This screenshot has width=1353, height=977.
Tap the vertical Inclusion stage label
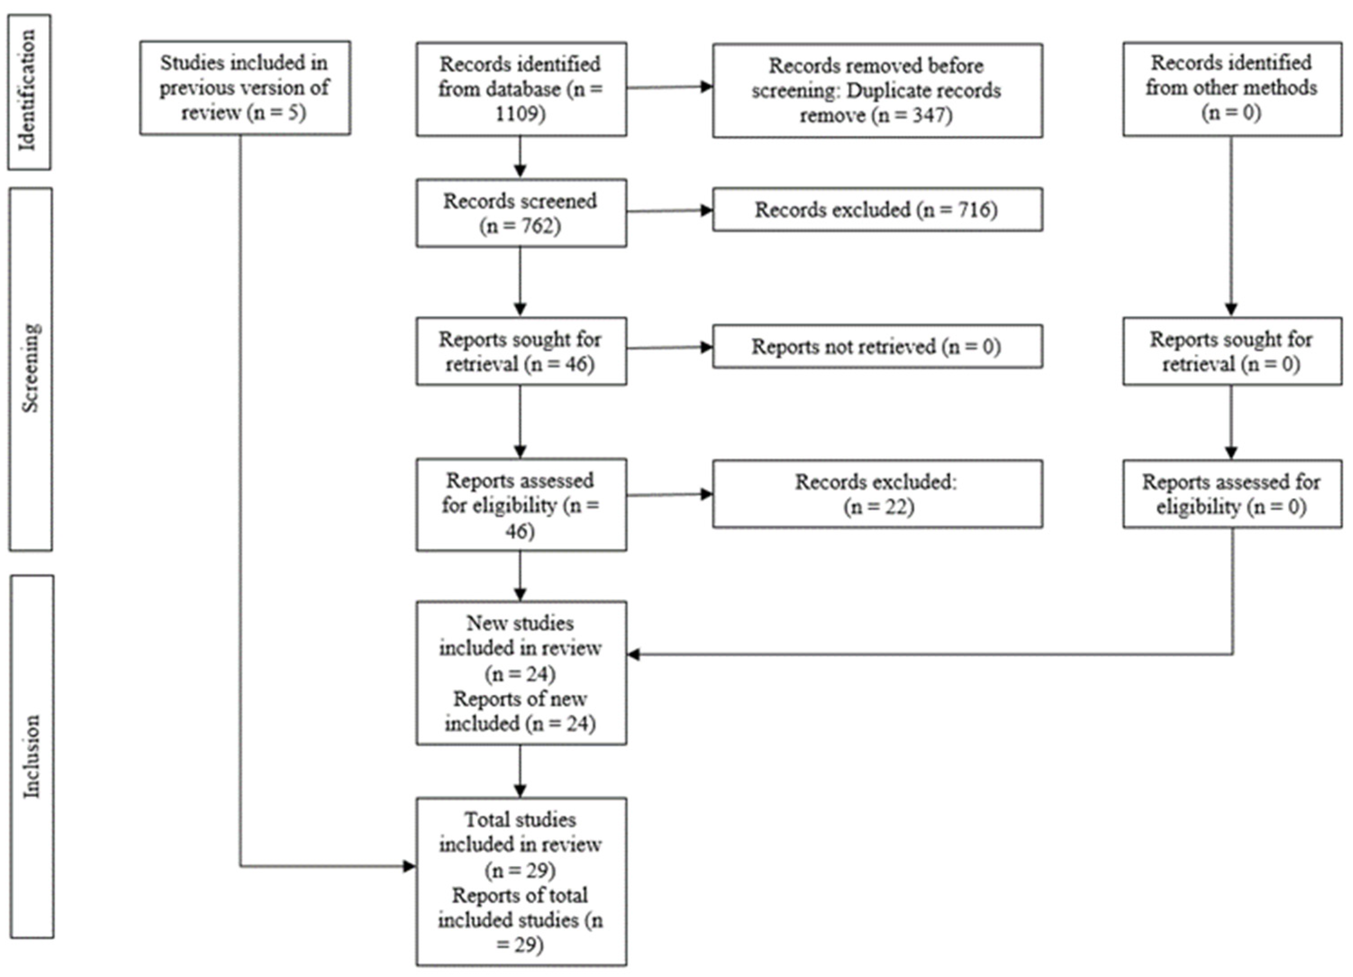tap(31, 756)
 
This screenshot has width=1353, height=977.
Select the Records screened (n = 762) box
tap(521, 213)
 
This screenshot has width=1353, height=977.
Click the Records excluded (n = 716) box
tap(877, 210)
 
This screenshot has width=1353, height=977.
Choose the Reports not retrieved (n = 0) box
tap(877, 347)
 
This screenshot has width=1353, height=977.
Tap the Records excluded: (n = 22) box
tap(877, 494)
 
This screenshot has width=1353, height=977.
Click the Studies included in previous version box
tap(245, 88)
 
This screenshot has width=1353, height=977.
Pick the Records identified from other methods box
tap(1231, 88)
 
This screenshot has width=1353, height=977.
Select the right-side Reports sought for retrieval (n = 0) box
tap(1231, 352)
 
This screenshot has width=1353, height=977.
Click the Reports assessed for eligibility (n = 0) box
tap(1231, 494)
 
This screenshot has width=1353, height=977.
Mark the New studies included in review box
tap(521, 673)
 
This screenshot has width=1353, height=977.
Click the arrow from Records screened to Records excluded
tap(668, 211)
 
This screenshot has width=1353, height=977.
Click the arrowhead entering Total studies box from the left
tap(409, 866)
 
